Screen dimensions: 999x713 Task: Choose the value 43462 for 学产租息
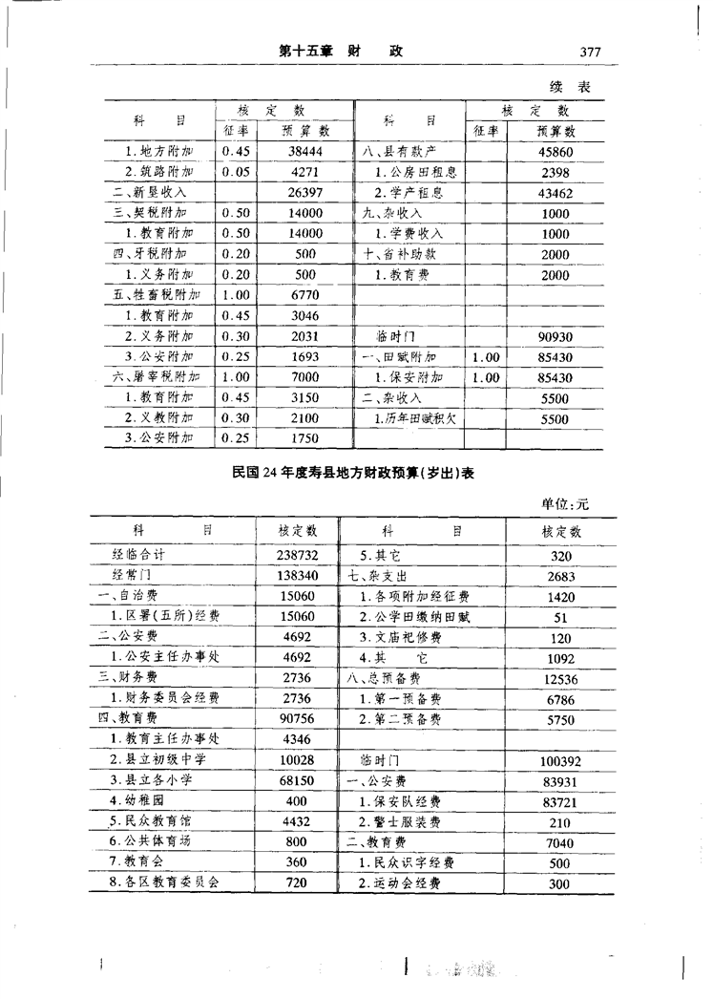click(555, 193)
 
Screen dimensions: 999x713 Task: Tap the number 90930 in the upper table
click(555, 336)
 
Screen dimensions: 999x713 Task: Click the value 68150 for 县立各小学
click(298, 780)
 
